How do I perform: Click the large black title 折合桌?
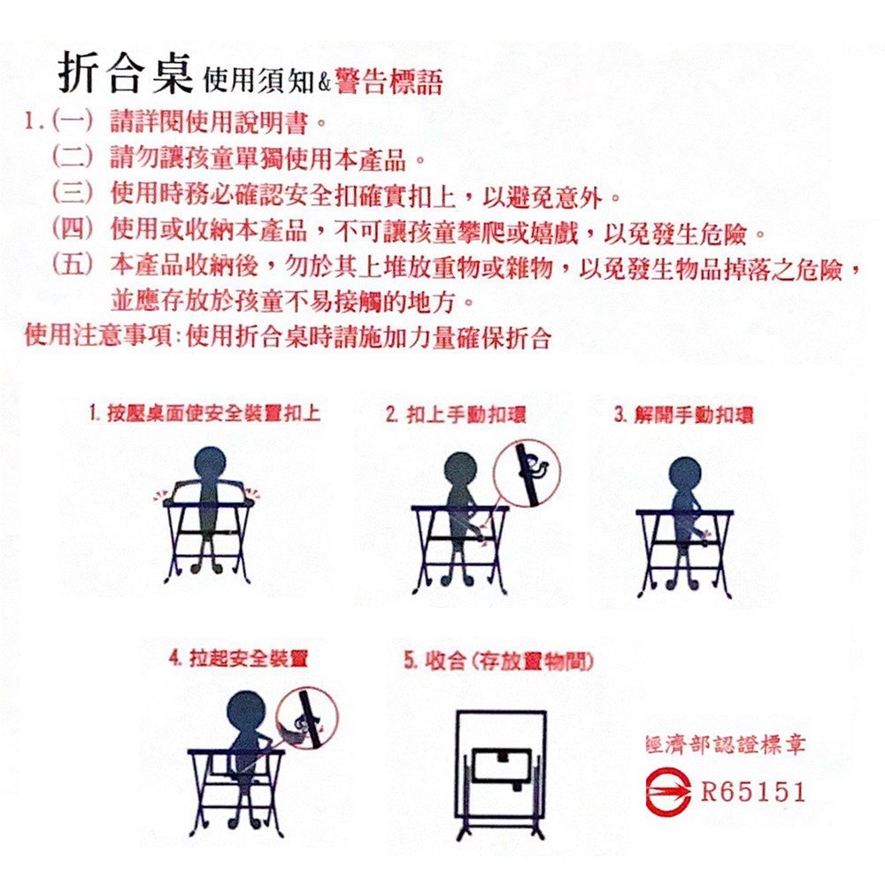126,73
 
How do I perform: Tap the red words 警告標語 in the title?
389,81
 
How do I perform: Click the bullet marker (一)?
73,121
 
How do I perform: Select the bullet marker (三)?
73,192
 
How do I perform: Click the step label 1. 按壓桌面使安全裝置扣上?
204,413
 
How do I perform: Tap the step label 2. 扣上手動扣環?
456,415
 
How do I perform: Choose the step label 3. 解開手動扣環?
683,415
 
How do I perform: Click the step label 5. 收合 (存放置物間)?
498,660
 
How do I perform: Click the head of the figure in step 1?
210,464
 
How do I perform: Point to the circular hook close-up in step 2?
527,473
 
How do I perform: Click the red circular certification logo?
667,792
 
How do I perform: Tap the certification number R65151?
753,792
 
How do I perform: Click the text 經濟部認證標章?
726,744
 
